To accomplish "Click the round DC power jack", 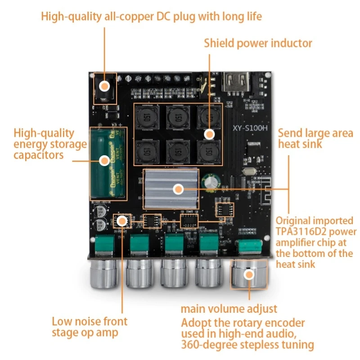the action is click(x=104, y=86).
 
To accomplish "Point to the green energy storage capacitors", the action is click(x=108, y=163).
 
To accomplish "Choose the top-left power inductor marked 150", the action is click(x=147, y=118).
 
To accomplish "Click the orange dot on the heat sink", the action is click(x=178, y=189).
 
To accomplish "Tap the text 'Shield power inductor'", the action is click(x=258, y=43).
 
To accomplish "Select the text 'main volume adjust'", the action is click(x=229, y=309).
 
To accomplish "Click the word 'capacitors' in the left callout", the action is click(x=38, y=155).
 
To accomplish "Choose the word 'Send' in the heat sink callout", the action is click(x=289, y=133).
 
